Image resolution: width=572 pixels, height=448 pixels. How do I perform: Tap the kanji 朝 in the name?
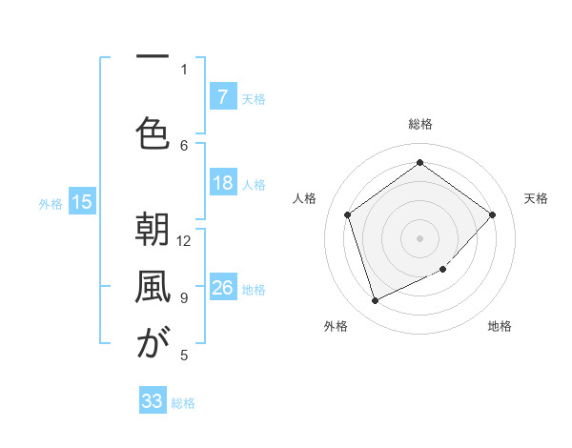click(148, 231)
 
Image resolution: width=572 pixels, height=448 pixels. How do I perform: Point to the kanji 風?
click(148, 288)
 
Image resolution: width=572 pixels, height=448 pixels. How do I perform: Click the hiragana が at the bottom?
click(148, 344)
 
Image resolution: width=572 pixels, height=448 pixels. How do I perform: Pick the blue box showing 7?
click(222, 96)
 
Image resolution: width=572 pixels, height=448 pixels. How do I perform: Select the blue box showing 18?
click(222, 183)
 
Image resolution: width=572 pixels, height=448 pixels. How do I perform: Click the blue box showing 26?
click(222, 288)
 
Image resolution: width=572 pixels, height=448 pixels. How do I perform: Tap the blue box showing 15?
click(82, 201)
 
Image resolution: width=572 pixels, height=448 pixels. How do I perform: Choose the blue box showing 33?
click(153, 401)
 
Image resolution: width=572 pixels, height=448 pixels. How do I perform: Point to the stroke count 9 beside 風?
click(184, 297)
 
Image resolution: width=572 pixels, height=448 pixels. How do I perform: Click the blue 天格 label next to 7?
click(254, 98)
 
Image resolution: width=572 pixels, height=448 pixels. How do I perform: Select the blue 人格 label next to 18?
click(254, 185)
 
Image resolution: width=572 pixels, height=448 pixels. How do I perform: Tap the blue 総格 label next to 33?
click(183, 403)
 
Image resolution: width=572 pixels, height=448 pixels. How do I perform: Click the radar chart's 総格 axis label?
click(419, 124)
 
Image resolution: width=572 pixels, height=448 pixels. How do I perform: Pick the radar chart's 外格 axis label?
click(336, 326)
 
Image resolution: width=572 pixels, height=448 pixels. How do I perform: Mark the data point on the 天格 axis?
click(492, 214)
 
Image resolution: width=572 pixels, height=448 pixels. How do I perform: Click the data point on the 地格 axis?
click(443, 270)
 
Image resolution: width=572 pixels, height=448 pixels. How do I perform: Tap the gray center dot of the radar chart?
click(419, 237)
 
